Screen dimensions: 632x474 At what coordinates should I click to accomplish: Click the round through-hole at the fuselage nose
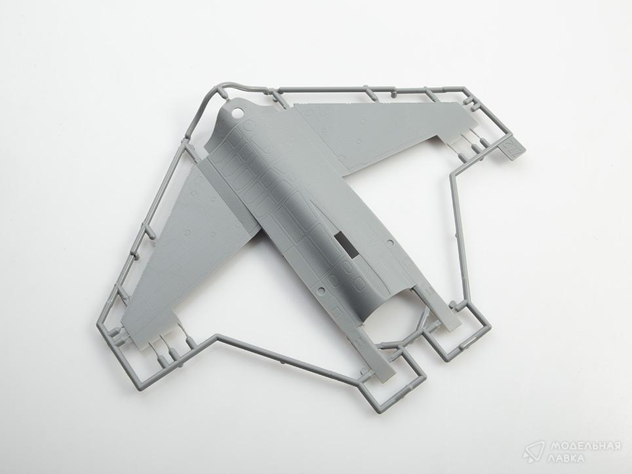238,113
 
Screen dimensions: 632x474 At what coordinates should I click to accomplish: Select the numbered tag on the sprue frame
509,148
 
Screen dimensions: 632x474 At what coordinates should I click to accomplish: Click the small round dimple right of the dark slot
389,243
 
